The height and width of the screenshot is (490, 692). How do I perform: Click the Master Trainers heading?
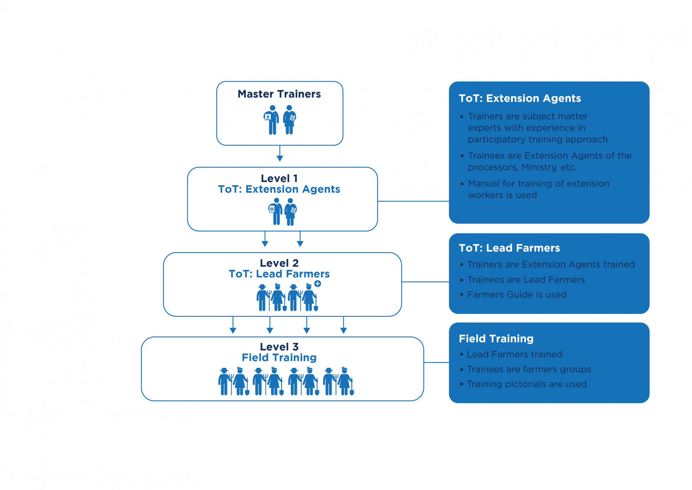click(279, 94)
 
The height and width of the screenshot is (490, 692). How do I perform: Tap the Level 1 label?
click(279, 178)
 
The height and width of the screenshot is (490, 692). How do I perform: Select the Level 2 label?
click(279, 263)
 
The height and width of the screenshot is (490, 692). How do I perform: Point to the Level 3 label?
click(279, 347)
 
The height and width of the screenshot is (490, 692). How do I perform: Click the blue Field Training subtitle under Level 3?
click(279, 358)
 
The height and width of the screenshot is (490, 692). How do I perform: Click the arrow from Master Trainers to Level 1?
click(280, 153)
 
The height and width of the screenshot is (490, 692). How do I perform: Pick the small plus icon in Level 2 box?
click(318, 284)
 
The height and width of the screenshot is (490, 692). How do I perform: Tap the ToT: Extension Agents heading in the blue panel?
click(520, 98)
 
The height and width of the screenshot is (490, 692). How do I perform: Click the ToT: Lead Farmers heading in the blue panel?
click(509, 248)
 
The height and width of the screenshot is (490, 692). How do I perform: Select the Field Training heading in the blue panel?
click(496, 338)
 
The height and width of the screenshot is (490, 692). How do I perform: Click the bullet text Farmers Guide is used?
click(517, 295)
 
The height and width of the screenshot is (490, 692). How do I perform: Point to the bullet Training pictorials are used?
click(527, 384)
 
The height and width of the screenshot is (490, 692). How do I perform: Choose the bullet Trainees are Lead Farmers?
click(526, 280)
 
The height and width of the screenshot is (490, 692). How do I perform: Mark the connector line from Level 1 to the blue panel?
click(413, 201)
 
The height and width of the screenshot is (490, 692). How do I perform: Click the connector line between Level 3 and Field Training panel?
click(436, 362)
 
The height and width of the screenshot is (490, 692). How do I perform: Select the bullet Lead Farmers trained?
click(514, 354)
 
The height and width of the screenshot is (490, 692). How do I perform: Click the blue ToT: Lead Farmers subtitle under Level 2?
click(279, 274)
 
